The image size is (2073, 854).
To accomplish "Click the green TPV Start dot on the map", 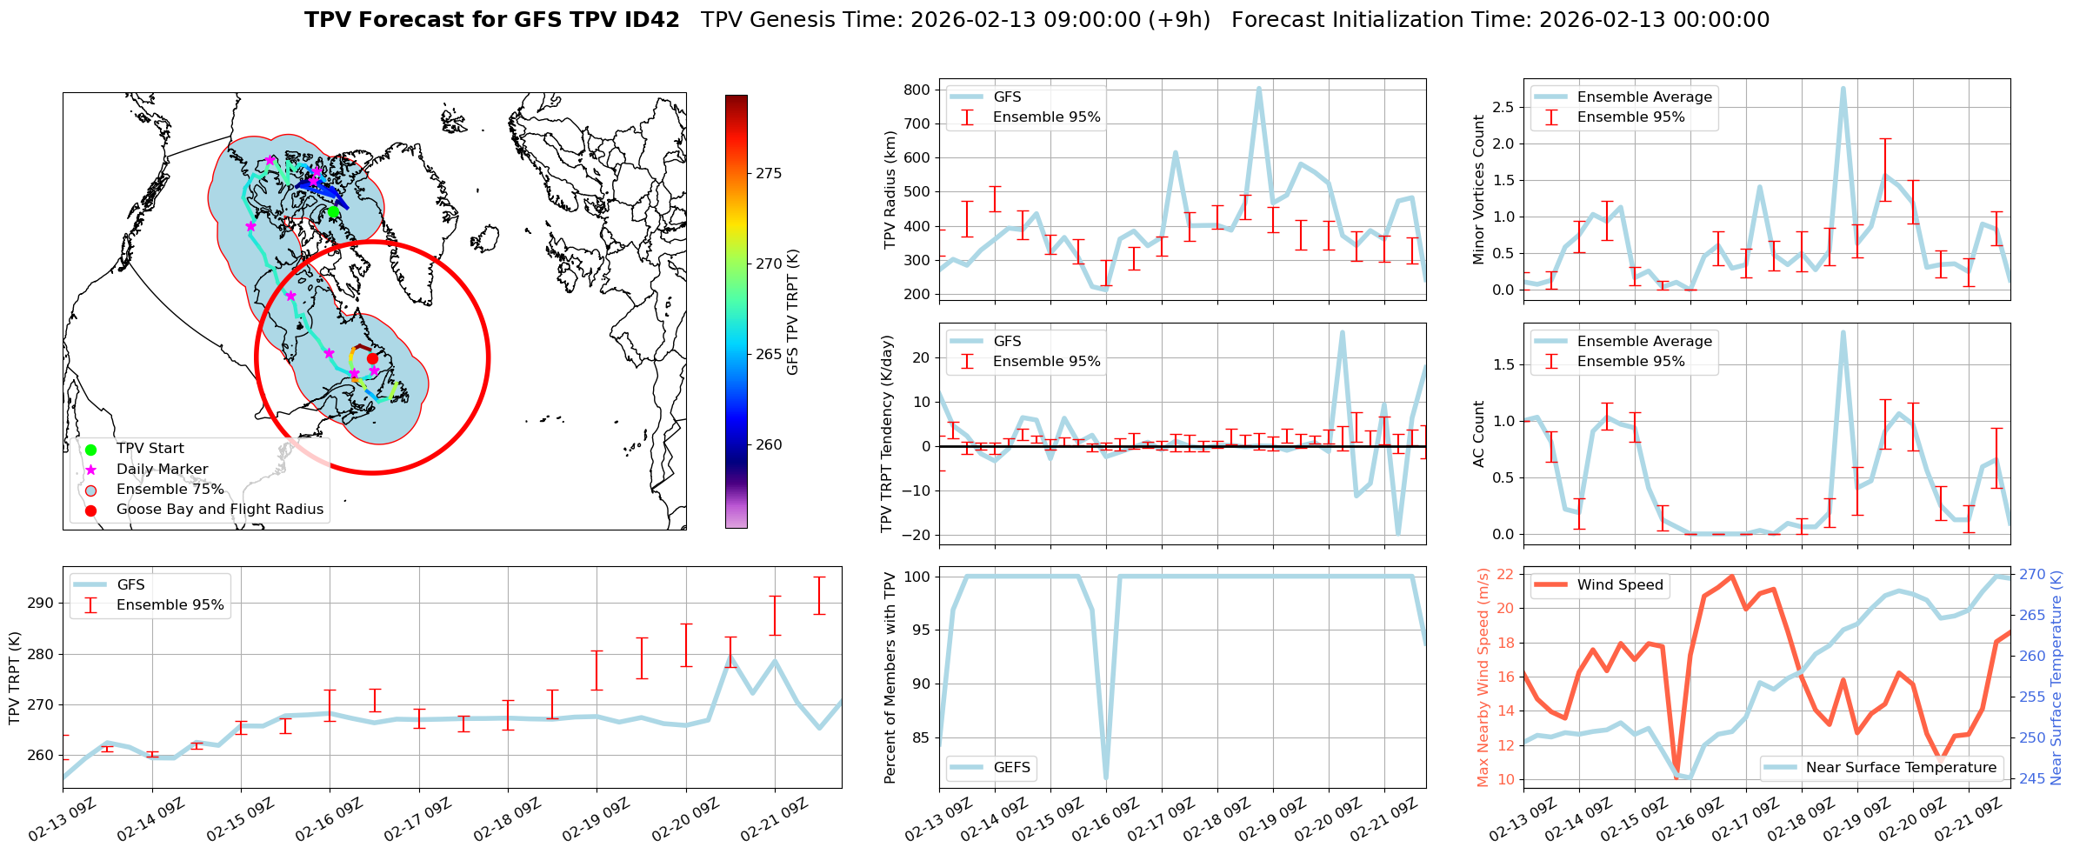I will (x=333, y=211).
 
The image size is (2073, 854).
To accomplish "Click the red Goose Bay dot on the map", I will (x=372, y=358).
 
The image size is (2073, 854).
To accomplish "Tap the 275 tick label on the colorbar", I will (x=769, y=173).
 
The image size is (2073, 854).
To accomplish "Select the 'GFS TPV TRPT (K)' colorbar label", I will (x=792, y=312).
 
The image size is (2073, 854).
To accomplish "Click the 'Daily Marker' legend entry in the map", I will (x=162, y=470).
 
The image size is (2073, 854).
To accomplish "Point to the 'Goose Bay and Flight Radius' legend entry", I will (x=219, y=510).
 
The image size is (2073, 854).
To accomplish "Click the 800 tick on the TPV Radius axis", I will (x=917, y=90).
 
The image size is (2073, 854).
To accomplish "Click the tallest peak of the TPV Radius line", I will (x=1258, y=88).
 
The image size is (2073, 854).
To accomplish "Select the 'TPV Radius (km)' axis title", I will (x=890, y=190).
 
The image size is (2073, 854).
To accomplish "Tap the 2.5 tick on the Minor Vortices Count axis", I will (x=1503, y=107).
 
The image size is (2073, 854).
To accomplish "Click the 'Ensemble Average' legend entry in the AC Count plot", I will (x=1644, y=342).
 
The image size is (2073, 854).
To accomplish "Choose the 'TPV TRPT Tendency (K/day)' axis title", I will (x=887, y=433).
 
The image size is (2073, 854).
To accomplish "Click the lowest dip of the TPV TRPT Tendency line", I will (x=1397, y=534).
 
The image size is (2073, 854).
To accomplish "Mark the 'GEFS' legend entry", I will (x=1011, y=768).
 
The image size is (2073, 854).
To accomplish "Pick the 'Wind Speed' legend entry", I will (x=1620, y=585).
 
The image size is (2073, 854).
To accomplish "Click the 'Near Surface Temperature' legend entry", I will (x=1901, y=768).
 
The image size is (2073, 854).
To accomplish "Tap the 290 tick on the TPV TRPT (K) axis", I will (x=41, y=604).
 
